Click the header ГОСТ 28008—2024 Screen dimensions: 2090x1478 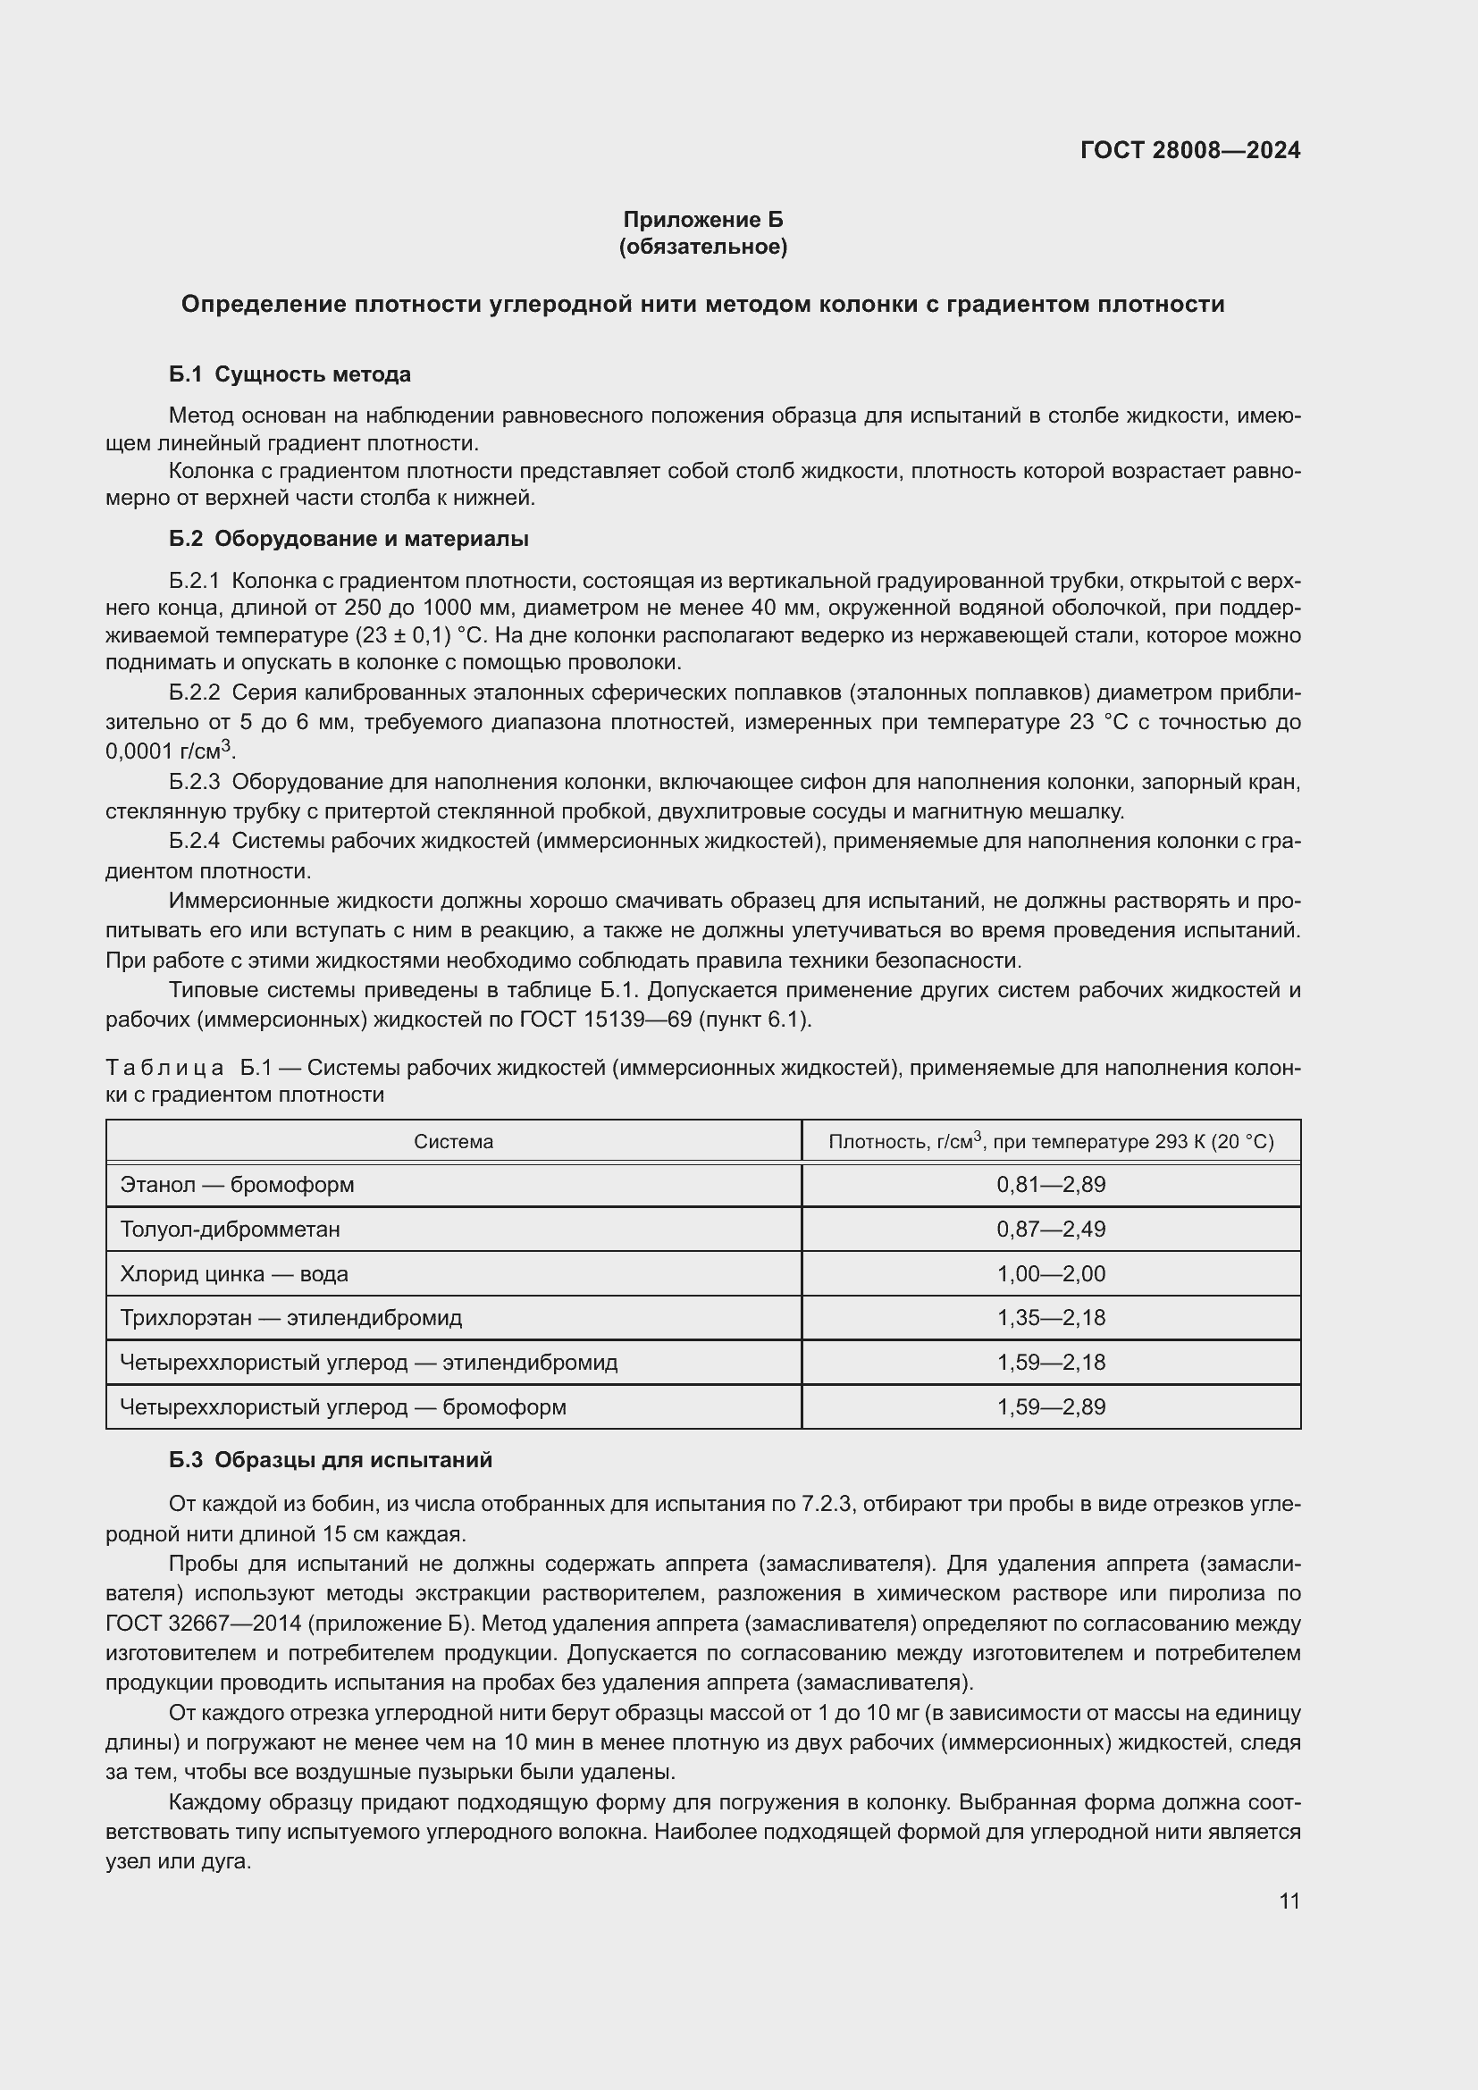pyautogui.click(x=1189, y=150)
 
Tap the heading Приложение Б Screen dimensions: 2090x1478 pyautogui.click(x=702, y=220)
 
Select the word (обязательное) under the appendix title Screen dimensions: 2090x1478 pyautogui.click(x=702, y=247)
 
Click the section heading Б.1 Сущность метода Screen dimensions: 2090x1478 pyautogui.click(x=290, y=374)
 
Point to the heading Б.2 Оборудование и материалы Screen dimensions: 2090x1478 pyautogui.click(x=349, y=539)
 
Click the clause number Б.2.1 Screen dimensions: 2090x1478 pyautogui.click(x=194, y=581)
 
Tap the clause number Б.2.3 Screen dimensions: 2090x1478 pyautogui.click(x=194, y=782)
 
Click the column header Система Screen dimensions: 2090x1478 pyautogui.click(x=453, y=1141)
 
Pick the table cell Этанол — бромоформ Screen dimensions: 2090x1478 pyautogui.click(x=237, y=1185)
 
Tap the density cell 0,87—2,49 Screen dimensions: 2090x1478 pyautogui.click(x=1050, y=1230)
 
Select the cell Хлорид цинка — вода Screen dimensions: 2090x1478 pyautogui.click(x=234, y=1274)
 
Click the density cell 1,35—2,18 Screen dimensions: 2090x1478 pyautogui.click(x=1050, y=1318)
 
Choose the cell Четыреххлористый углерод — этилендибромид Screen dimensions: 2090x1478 pyautogui.click(x=368, y=1363)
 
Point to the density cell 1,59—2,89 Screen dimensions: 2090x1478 pyautogui.click(x=1050, y=1407)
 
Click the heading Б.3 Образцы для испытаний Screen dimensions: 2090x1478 pyautogui.click(x=331, y=1460)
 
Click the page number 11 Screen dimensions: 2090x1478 pyautogui.click(x=1289, y=1901)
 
